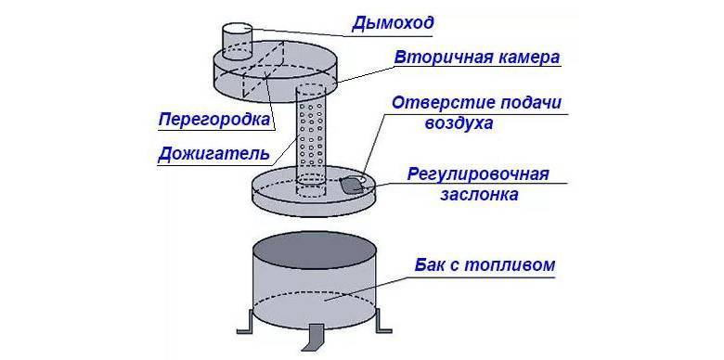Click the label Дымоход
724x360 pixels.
(x=393, y=24)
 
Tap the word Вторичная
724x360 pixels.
(x=432, y=58)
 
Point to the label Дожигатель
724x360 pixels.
(x=213, y=153)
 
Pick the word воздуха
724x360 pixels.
(x=459, y=123)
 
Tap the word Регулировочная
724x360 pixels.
(x=478, y=174)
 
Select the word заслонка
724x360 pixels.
(x=479, y=195)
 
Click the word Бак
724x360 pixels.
(x=432, y=265)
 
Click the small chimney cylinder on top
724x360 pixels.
(x=237, y=42)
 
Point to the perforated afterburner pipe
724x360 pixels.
(x=310, y=138)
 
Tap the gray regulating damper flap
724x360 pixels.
(x=352, y=185)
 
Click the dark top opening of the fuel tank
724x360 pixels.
(x=315, y=251)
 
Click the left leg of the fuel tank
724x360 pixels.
(x=245, y=322)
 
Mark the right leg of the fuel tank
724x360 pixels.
(x=383, y=321)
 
